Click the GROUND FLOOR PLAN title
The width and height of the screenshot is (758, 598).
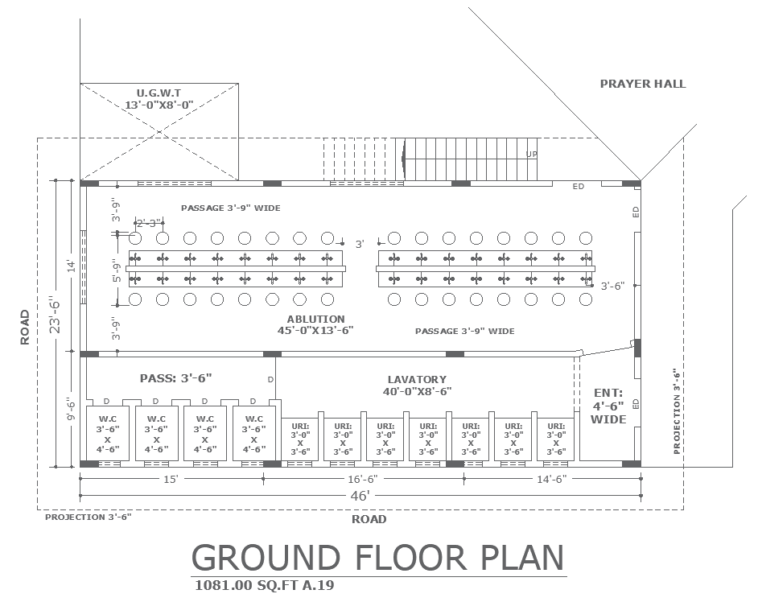tap(378, 558)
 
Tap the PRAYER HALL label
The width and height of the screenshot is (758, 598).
tap(642, 84)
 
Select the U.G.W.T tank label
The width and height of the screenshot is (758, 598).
tap(159, 93)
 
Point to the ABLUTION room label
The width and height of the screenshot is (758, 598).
tap(315, 319)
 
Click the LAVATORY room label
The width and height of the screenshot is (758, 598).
tap(417, 380)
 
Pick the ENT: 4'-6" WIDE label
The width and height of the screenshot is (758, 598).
tap(608, 406)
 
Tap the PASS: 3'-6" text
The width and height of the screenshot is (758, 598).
tap(176, 378)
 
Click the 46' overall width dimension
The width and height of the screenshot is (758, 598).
tap(360, 496)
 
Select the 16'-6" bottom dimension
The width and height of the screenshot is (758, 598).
tap(363, 479)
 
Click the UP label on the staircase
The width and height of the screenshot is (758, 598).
tap(532, 155)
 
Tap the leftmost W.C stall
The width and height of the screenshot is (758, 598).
tap(107, 434)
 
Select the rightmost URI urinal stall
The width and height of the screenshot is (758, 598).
tap(556, 439)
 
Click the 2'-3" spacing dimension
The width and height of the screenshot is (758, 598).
tap(148, 223)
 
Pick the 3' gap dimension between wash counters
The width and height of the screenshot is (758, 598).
tap(360, 244)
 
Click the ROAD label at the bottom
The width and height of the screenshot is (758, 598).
tap(369, 519)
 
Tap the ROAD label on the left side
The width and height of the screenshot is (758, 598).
tap(25, 328)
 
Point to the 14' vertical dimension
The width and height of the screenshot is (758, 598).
tap(72, 266)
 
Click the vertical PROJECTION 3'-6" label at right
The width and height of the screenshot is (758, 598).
tap(677, 412)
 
